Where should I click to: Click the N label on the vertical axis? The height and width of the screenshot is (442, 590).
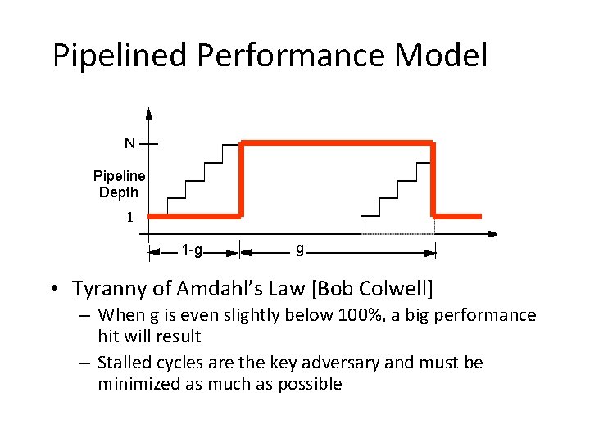pyautogui.click(x=129, y=142)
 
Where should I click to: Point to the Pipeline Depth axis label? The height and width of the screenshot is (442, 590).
pyautogui.click(x=119, y=184)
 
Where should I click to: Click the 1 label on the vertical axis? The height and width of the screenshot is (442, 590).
pyautogui.click(x=129, y=218)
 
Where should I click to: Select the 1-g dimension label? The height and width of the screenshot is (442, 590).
pyautogui.click(x=193, y=250)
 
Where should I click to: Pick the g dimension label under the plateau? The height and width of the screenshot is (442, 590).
pyautogui.click(x=300, y=249)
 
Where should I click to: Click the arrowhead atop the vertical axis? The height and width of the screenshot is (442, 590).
pyautogui.click(x=148, y=114)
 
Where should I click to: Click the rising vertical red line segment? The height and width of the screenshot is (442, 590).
pyautogui.click(x=243, y=180)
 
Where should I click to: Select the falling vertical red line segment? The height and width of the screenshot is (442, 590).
pyautogui.click(x=433, y=180)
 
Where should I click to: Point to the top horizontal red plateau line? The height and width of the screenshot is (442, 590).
pyautogui.click(x=338, y=143)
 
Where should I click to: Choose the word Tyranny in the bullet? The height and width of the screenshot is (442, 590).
pyautogui.click(x=107, y=289)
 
